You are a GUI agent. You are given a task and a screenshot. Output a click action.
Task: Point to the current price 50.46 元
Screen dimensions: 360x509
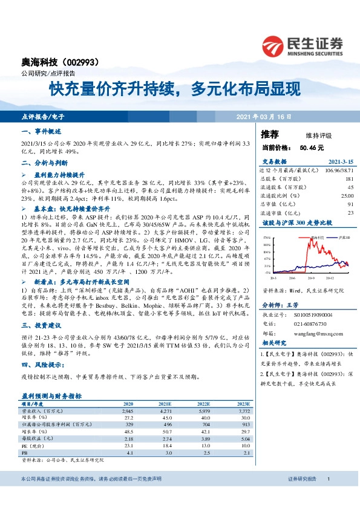click(312, 147)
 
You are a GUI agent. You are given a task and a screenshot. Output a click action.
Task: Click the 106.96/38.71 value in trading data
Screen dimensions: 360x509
click(336, 170)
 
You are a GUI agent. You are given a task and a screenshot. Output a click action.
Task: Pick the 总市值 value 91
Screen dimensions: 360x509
click(350, 204)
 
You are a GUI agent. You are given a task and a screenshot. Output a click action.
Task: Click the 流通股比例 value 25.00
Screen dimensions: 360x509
click(346, 196)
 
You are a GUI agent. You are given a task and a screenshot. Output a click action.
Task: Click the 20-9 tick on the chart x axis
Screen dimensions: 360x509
click(312, 279)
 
